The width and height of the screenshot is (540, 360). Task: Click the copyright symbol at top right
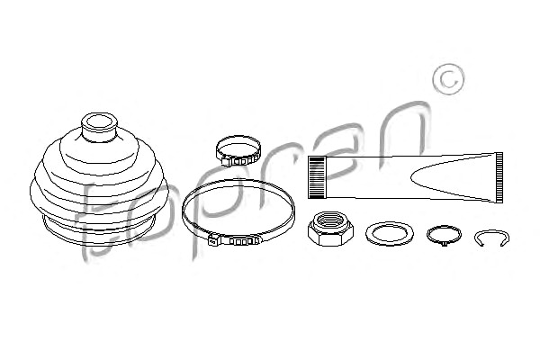click(448, 79)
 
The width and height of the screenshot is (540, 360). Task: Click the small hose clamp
click(238, 150)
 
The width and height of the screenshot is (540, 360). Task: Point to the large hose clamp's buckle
click(234, 239)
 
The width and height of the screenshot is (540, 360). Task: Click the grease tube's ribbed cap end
click(317, 177)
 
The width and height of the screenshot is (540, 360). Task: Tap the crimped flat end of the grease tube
click(499, 177)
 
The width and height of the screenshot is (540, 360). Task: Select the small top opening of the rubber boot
click(99, 123)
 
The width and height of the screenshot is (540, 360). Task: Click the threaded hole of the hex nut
click(330, 220)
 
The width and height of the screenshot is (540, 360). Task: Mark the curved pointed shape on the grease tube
click(451, 177)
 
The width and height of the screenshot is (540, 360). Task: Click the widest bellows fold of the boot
click(99, 193)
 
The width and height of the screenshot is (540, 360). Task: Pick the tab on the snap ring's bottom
click(444, 244)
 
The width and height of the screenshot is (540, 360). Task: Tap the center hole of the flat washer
click(390, 234)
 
